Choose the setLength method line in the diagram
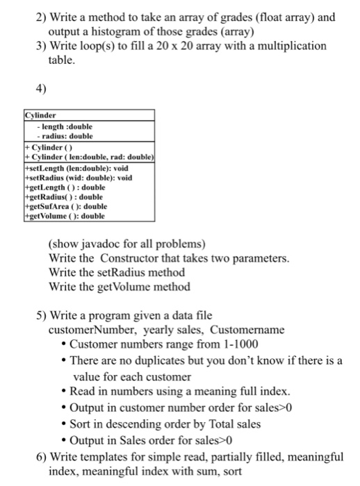click(x=77, y=168)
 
